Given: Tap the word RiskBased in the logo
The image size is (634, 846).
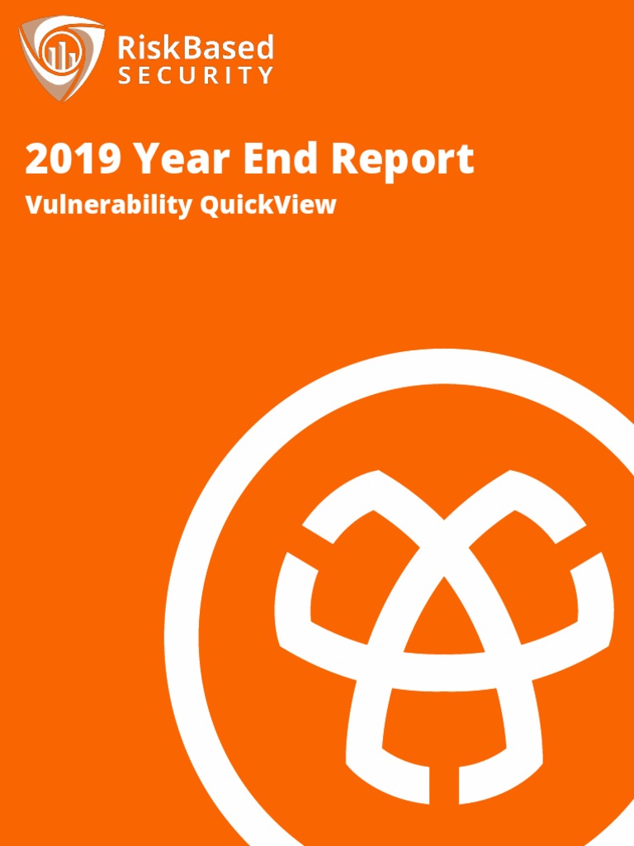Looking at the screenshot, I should [195, 48].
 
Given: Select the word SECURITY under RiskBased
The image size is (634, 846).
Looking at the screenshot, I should [195, 76].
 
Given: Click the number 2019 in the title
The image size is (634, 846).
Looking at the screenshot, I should [73, 159].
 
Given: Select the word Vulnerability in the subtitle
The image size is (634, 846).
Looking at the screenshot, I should [108, 205].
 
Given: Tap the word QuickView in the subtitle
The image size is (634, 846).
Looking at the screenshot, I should [269, 205].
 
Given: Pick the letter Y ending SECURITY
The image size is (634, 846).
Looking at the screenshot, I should [265, 76].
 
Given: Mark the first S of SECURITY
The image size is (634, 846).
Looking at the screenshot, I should [124, 76].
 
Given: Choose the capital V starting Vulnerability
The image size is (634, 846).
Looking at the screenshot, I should [34, 205].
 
